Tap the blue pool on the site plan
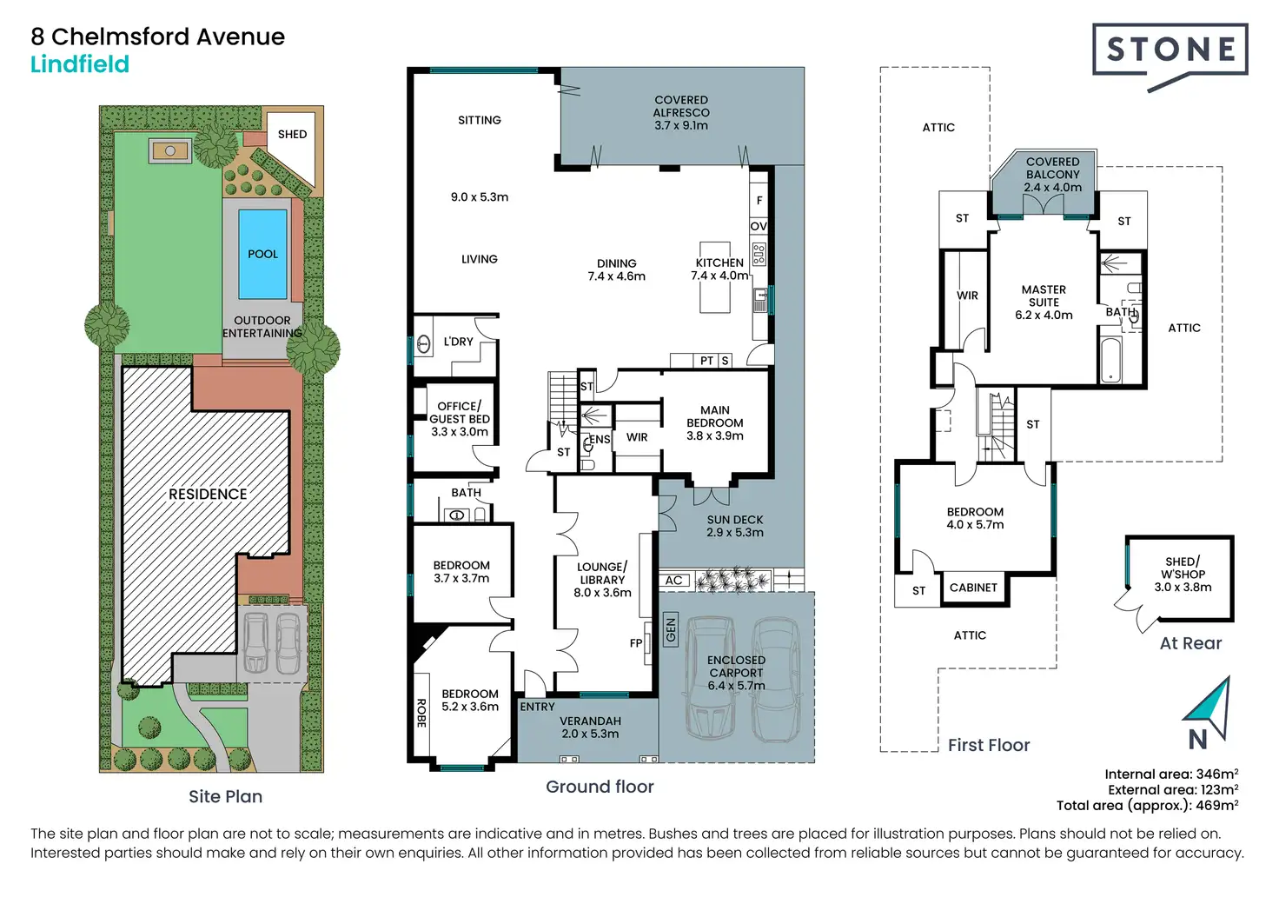point(262,254)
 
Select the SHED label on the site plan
point(292,134)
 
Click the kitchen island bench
point(715,277)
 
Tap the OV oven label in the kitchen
point(759,227)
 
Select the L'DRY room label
point(459,342)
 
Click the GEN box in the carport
point(671,629)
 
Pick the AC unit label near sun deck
point(673,580)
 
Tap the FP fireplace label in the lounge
point(636,643)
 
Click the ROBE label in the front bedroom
point(421,713)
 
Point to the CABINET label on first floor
point(973,587)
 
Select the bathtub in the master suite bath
point(1110,360)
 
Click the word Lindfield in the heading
point(80,64)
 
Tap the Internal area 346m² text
point(1171,774)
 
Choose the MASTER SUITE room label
point(1044,302)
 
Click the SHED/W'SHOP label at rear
point(1183,574)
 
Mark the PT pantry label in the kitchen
point(706,361)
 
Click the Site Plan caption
point(226,796)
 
